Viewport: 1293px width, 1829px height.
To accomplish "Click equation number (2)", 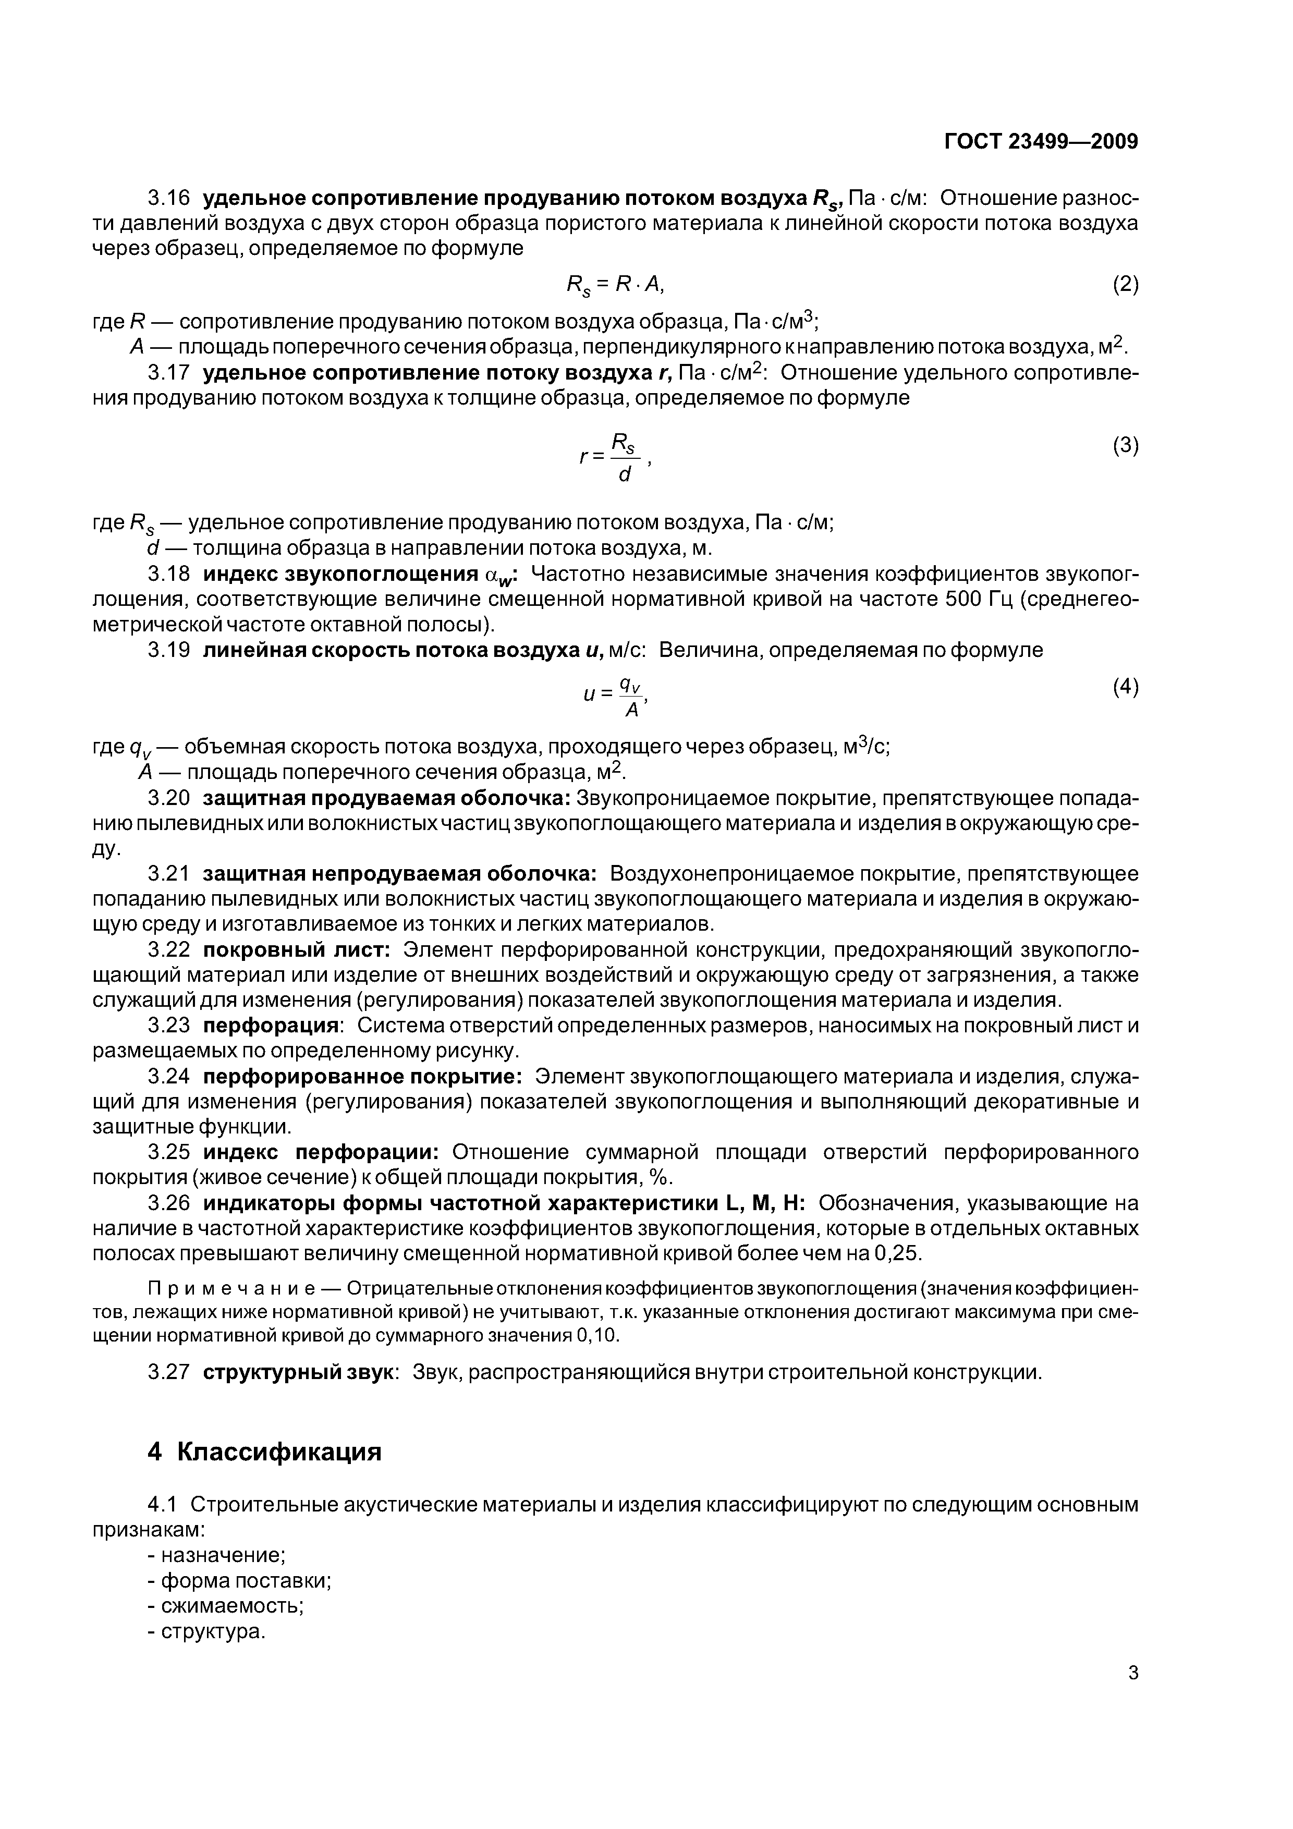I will pos(1125,284).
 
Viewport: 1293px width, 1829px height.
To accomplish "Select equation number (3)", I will pos(1125,446).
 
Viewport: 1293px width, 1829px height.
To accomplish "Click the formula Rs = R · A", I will pos(614,284).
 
